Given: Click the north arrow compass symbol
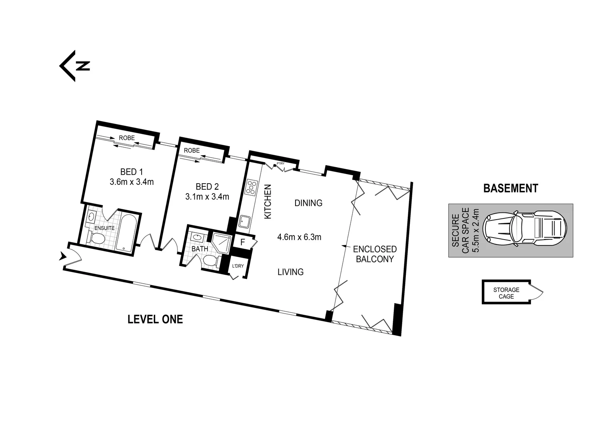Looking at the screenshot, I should coord(74,66).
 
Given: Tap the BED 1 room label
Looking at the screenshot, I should coord(132,172).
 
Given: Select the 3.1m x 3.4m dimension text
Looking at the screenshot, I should coord(207,196).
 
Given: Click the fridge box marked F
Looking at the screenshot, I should coord(242,242).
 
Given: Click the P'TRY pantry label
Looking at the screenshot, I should coord(281,163).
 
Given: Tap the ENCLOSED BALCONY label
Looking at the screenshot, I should coord(375,254).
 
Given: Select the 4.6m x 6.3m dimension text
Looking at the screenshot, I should coord(299,237).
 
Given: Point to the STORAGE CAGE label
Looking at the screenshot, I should coord(506,293).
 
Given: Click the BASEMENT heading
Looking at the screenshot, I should coord(511,188).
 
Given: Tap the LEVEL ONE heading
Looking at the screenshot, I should coord(155,319).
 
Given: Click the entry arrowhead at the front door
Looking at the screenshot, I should coord(62,256).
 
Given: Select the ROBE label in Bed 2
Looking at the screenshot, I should coord(192,151).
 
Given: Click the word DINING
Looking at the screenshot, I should coord(308,203).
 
